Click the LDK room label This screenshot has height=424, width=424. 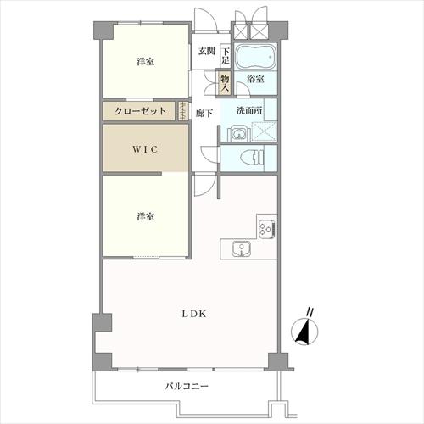click(x=192, y=313)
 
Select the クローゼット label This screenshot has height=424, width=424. click(x=139, y=111)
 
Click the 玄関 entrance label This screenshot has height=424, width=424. click(x=206, y=52)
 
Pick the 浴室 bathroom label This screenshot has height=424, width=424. click(x=254, y=79)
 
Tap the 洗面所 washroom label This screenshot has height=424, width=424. click(x=250, y=110)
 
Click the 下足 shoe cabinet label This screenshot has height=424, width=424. click(x=226, y=56)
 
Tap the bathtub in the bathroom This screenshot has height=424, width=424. click(x=254, y=59)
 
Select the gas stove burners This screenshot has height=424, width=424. click(x=266, y=227)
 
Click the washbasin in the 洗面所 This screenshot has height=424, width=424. click(x=235, y=132)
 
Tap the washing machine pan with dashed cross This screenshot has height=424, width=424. click(x=264, y=132)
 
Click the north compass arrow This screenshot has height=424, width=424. click(x=303, y=331)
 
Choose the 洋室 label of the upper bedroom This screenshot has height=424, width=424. click(x=144, y=62)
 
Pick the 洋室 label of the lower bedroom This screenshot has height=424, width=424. click(x=144, y=216)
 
